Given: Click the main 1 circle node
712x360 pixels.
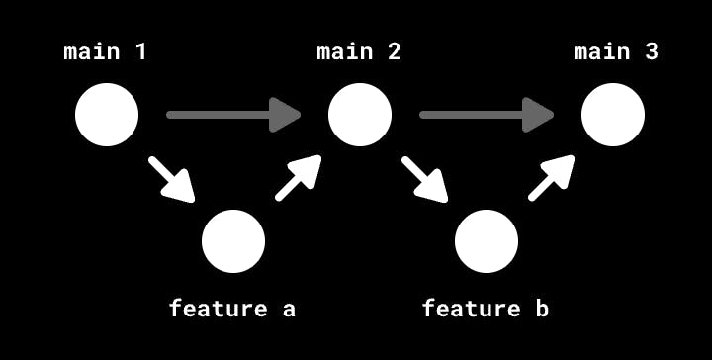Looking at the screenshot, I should (107, 115).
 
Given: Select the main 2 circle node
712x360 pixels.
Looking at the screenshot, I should (360, 115).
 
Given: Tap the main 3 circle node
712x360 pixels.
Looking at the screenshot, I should (613, 115).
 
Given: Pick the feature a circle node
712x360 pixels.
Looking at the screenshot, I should (233, 241).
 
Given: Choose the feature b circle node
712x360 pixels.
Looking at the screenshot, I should (487, 241).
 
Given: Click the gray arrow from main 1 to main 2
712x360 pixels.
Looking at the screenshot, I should (233, 115).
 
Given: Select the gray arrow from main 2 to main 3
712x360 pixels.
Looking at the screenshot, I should (487, 115).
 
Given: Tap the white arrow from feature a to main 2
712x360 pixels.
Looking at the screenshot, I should (299, 178).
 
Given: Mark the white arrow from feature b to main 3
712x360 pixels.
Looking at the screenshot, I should (552, 178).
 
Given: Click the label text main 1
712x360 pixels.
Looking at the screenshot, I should (106, 51).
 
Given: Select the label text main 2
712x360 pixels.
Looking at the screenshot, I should (359, 51).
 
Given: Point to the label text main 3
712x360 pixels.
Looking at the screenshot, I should (616, 51).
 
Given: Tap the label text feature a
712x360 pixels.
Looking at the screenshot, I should (232, 309).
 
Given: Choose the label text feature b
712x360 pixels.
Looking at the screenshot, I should (486, 309).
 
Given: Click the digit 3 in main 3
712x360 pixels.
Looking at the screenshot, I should (651, 51).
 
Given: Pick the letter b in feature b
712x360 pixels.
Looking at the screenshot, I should (541, 309).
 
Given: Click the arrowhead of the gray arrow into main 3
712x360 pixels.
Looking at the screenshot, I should (538, 115).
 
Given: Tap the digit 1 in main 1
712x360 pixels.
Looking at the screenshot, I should (140, 51).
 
